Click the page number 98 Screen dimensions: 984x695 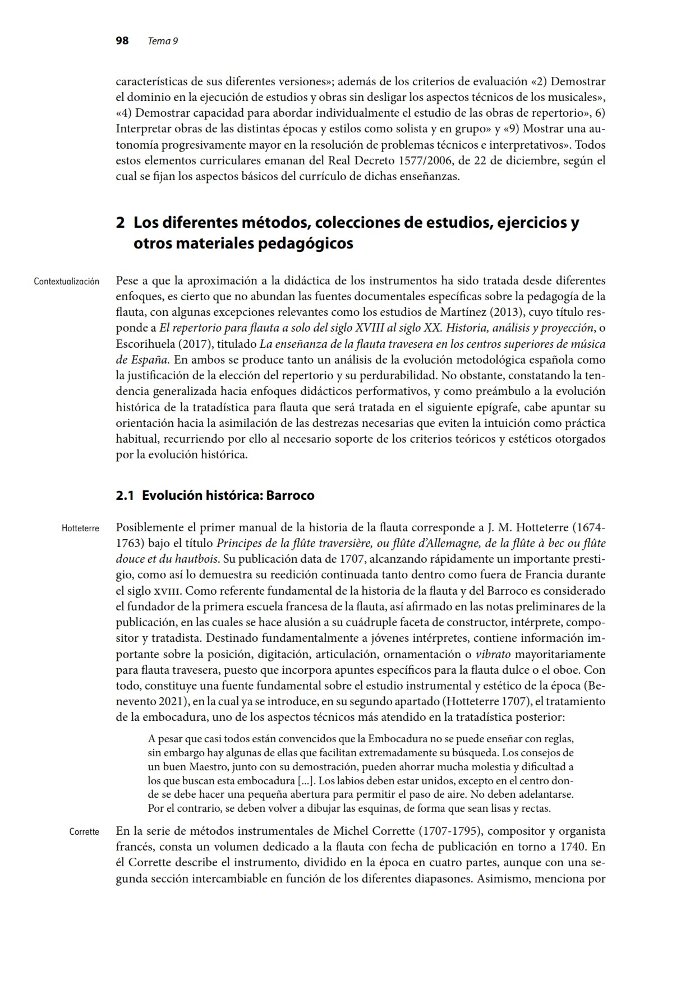click(122, 41)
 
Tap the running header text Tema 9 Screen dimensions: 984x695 click(163, 42)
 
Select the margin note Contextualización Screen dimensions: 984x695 click(66, 281)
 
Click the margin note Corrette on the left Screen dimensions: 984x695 click(84, 832)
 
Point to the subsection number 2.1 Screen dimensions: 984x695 click(125, 495)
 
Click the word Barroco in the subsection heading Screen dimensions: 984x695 click(290, 495)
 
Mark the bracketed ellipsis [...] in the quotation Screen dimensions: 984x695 click(306, 780)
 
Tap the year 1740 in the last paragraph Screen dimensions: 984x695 click(571, 847)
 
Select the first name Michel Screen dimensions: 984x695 click(350, 831)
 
